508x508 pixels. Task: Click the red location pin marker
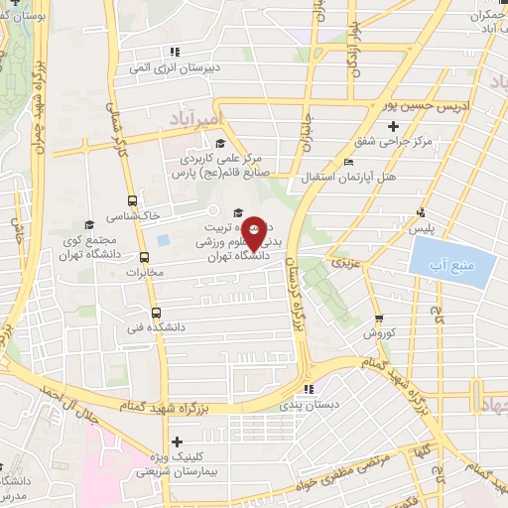254,232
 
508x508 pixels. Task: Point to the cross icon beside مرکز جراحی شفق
393,126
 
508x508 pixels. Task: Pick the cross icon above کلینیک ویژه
178,442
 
